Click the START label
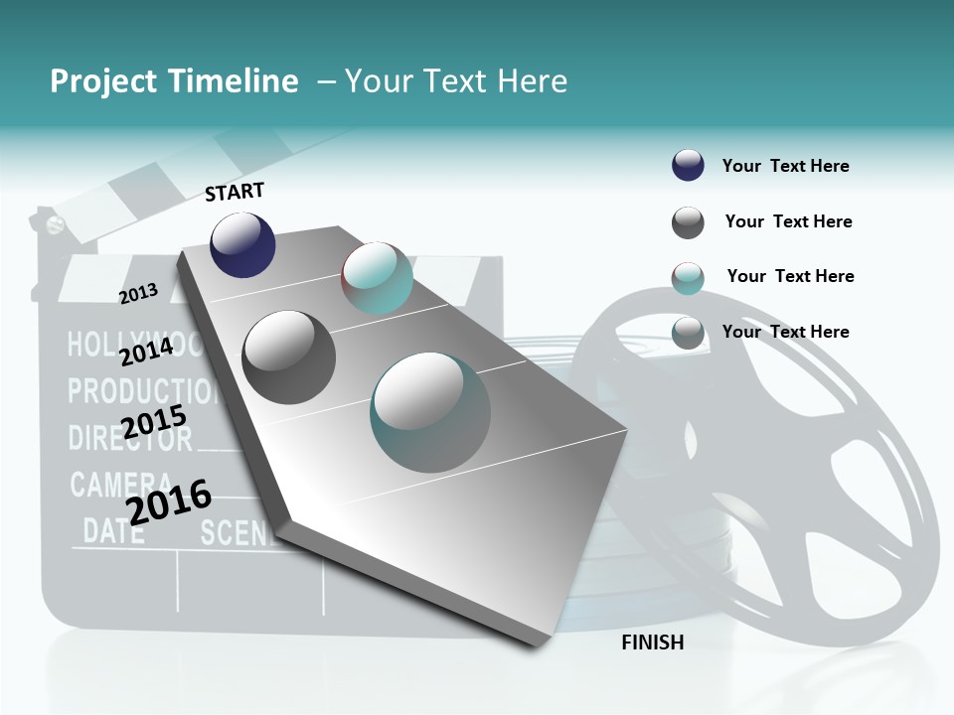click(x=235, y=192)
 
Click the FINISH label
click(x=652, y=643)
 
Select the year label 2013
click(x=139, y=293)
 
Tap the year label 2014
click(x=146, y=352)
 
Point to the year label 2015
click(x=154, y=422)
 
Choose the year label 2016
click(x=169, y=501)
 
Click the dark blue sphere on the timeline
click(x=242, y=245)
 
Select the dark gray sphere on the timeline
click(x=289, y=357)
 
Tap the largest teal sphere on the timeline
click(x=430, y=412)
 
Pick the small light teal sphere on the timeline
click(x=377, y=278)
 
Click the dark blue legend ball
click(x=688, y=165)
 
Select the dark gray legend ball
click(x=688, y=222)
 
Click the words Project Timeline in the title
click(x=174, y=81)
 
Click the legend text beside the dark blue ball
click(x=785, y=166)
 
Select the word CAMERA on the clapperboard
click(x=113, y=485)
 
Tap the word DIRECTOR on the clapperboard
click(x=129, y=438)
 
